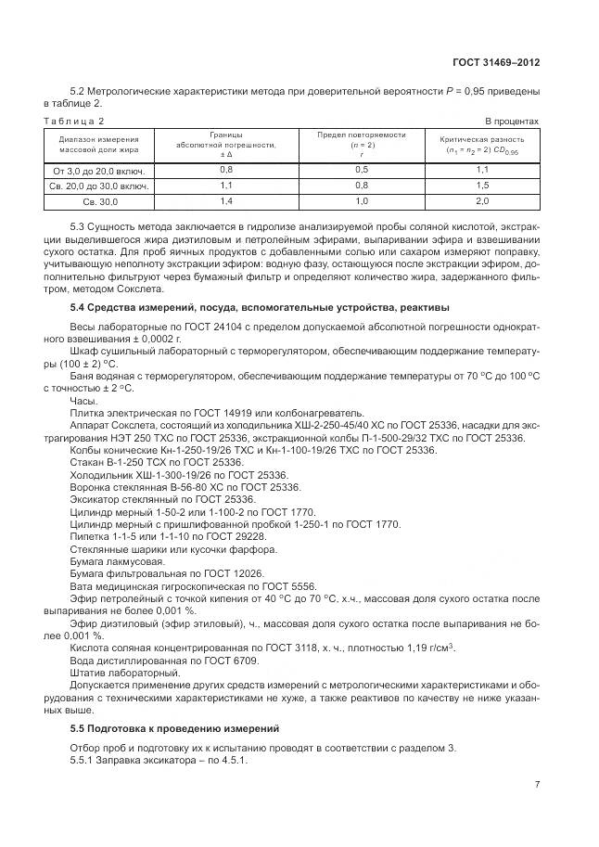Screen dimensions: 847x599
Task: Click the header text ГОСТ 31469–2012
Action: (x=494, y=63)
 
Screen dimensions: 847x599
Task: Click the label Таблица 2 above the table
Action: (x=74, y=122)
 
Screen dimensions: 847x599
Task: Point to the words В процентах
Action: (x=512, y=122)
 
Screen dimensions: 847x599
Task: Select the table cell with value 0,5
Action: (x=362, y=170)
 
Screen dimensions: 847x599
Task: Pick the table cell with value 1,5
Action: (x=481, y=186)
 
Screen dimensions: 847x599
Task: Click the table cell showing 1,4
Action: (x=225, y=201)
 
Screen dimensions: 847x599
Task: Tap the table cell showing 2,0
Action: (x=481, y=201)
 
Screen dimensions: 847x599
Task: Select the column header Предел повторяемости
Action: (x=362, y=135)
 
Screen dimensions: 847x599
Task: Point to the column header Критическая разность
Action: (x=481, y=139)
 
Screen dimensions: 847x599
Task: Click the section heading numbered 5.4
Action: (x=261, y=307)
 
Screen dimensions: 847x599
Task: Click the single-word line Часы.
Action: (x=83, y=401)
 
